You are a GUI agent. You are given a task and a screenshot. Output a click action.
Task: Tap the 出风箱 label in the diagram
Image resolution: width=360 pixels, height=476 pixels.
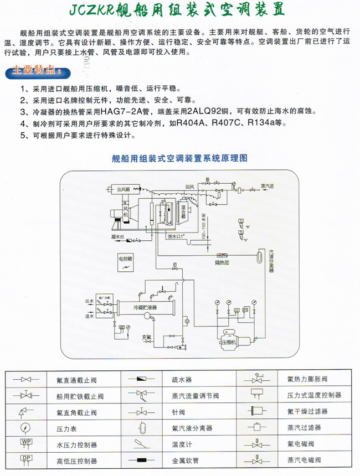pos(123,189)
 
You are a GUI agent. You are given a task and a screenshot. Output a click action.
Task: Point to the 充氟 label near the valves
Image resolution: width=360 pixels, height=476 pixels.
pos(146,337)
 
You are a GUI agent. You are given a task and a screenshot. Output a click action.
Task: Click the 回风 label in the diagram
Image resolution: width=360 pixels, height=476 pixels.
pos(189,187)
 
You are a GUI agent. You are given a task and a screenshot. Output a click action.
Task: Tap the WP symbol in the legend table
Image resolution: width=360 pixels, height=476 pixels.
pos(26,442)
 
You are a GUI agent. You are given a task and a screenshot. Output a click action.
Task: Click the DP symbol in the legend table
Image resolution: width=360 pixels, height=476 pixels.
pos(26,458)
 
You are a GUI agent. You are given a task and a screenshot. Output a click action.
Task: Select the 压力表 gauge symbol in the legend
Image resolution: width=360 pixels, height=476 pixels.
pos(26,427)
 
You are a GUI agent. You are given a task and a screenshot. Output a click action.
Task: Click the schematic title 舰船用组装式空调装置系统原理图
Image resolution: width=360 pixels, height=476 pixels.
pos(180,158)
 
